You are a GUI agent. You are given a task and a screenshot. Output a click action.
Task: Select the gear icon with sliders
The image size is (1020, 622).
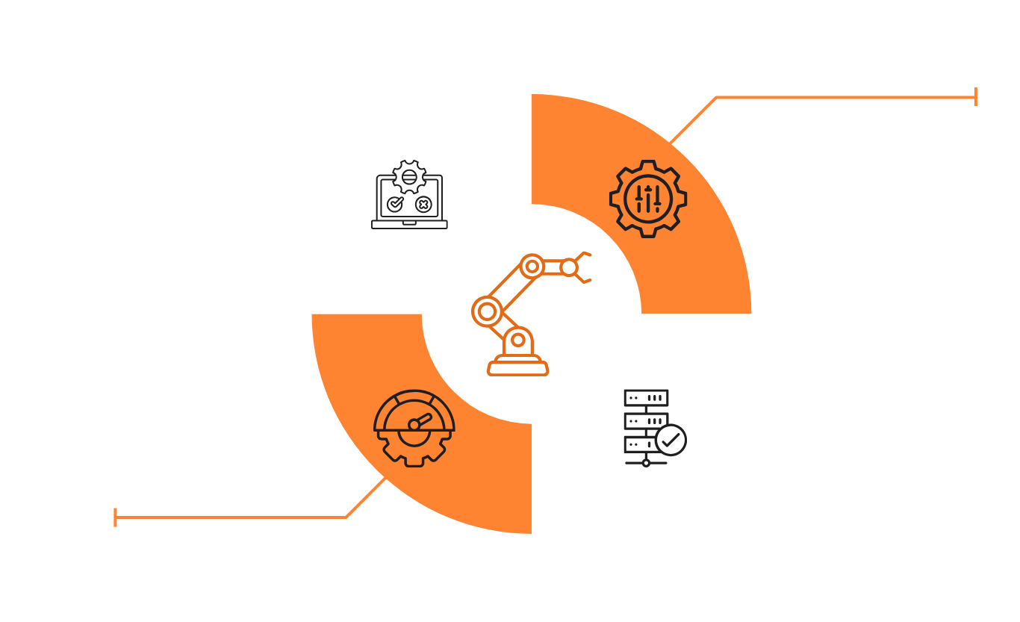(647, 197)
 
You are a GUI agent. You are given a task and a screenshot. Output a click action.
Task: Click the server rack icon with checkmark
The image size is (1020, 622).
(653, 428)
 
